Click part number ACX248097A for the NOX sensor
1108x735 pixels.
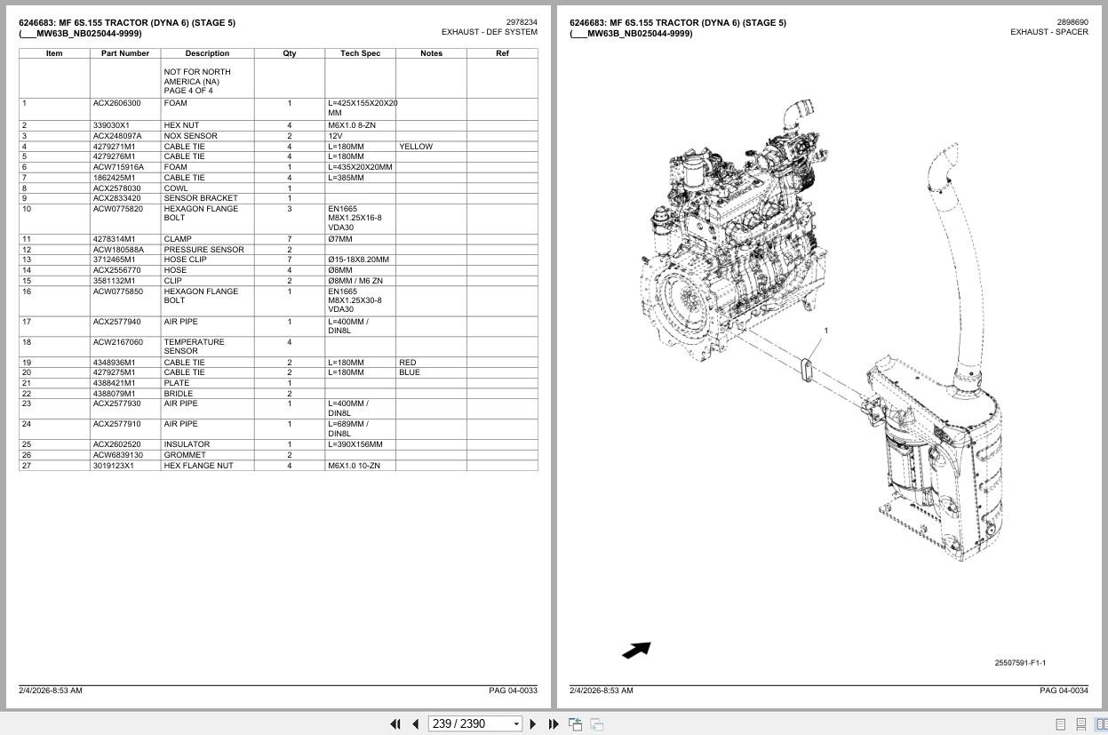tap(117, 135)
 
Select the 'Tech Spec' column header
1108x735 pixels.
tap(360, 53)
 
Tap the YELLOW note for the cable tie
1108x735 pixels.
tap(416, 147)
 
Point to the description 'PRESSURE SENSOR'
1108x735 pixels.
tap(203, 250)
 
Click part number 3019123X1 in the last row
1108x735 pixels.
tap(113, 466)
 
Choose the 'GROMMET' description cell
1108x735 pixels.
tap(185, 455)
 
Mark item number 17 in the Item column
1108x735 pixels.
tap(27, 322)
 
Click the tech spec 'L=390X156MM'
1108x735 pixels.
tap(355, 444)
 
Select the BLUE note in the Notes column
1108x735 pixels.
tap(409, 372)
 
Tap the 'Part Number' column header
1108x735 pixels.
tap(124, 53)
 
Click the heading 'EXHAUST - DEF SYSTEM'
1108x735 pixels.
tap(490, 32)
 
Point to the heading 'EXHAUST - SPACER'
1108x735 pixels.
tap(1049, 32)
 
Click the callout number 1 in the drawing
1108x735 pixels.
tap(825, 331)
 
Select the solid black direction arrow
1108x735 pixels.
tap(636, 651)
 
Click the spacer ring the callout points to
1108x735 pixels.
tap(806, 370)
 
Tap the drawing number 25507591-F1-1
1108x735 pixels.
tap(1020, 663)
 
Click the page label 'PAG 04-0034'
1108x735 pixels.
tap(1064, 691)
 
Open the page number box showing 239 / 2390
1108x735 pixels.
tap(474, 724)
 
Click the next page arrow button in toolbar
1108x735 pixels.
tap(533, 724)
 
